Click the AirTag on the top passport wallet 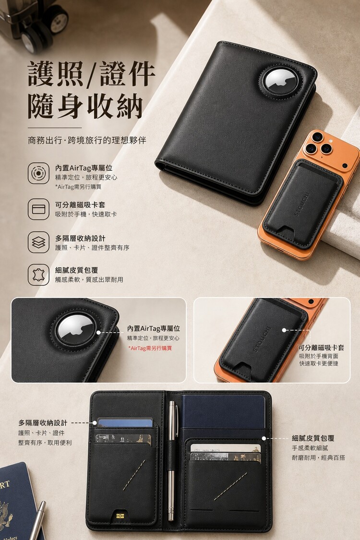(x=280, y=82)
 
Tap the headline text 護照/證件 (x=91, y=74)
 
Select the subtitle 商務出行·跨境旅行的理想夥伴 (x=87, y=140)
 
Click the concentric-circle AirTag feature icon (x=38, y=173)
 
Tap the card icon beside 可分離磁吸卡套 (x=38, y=209)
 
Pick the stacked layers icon (x=38, y=242)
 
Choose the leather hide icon (x=38, y=275)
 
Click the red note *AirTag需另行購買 (x=150, y=348)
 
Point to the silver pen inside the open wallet (x=171, y=460)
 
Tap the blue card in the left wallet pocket (x=125, y=422)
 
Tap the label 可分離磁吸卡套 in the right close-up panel (x=322, y=348)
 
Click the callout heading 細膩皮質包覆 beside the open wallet (x=313, y=438)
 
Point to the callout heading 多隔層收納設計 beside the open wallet (x=43, y=423)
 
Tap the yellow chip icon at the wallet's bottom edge (x=120, y=516)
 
